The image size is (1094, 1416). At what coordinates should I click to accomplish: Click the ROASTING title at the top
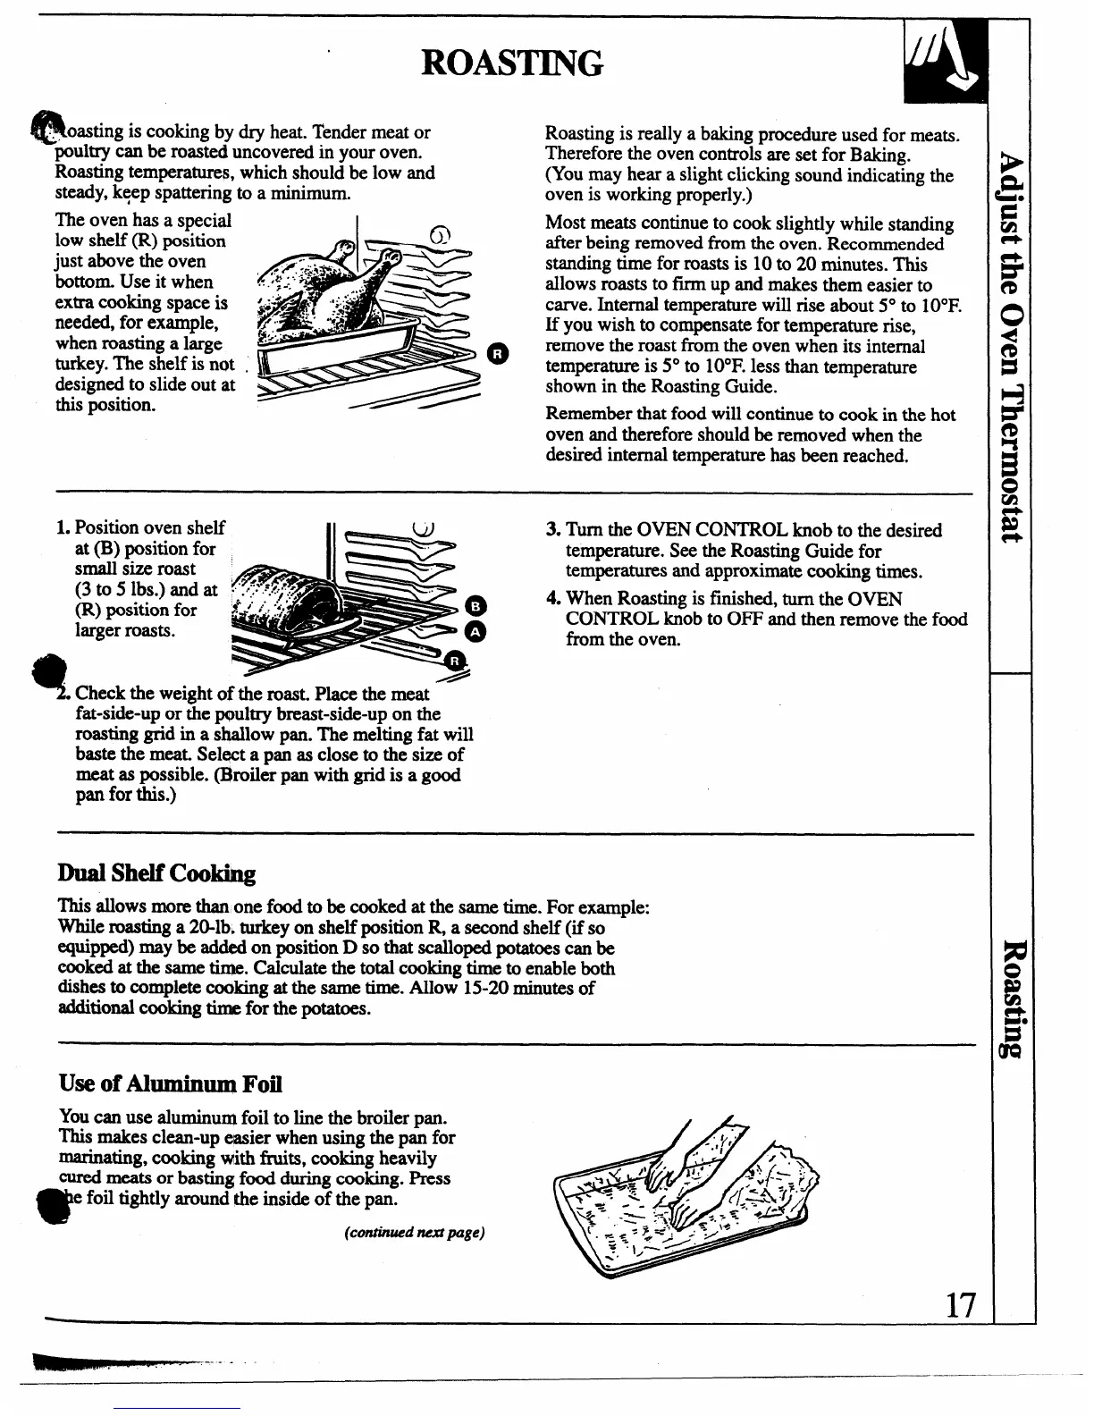tap(512, 63)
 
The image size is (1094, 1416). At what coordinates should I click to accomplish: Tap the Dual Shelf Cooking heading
tap(156, 873)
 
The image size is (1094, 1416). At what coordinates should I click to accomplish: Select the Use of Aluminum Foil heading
tap(170, 1084)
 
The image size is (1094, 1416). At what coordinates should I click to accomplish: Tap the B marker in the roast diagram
tap(476, 606)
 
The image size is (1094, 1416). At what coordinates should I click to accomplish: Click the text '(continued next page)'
tap(414, 1233)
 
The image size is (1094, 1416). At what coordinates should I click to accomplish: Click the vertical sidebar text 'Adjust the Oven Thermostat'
tap(1010, 349)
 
